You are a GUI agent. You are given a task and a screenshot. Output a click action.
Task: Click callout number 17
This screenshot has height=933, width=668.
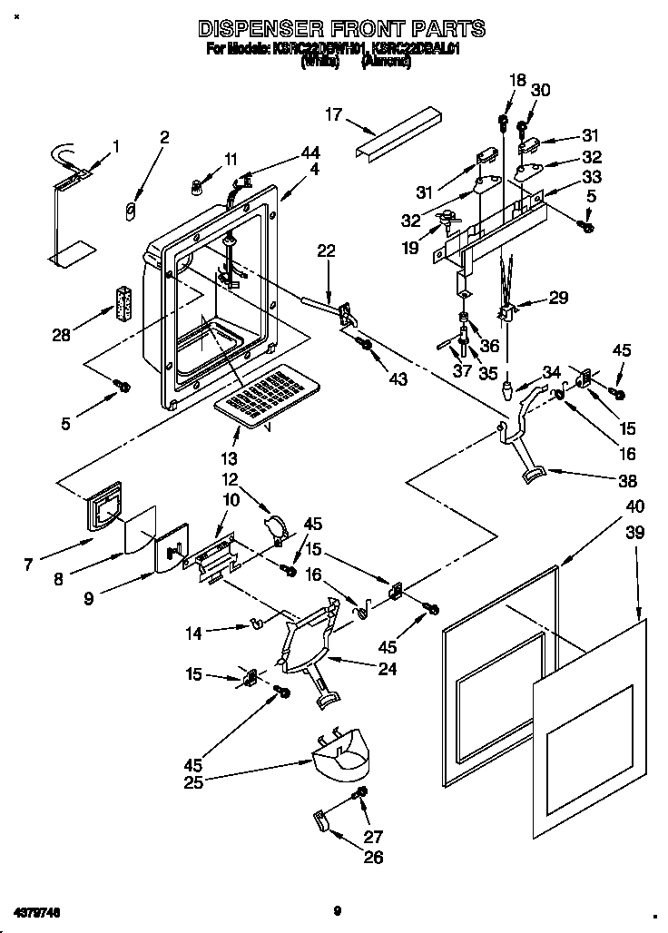pos(335,114)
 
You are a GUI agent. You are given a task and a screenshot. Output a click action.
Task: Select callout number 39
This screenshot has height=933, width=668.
pos(634,533)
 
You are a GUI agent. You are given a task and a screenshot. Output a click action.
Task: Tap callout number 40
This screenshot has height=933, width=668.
pos(634,506)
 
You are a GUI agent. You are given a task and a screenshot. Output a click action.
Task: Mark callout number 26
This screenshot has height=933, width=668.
pos(373,856)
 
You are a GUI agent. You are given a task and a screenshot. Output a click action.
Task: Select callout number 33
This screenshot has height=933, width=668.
pos(591,177)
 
